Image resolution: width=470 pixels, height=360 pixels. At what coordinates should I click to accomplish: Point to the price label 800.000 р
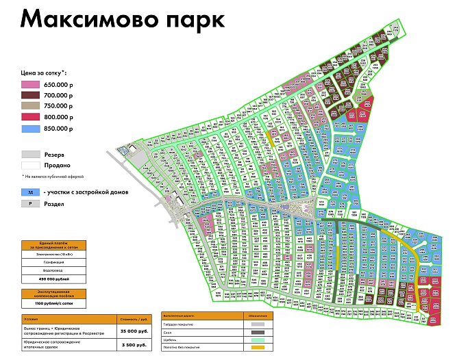tap(58, 117)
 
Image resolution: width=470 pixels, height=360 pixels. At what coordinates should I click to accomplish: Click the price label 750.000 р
tap(58, 106)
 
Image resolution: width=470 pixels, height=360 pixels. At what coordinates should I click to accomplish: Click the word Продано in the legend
tap(58, 165)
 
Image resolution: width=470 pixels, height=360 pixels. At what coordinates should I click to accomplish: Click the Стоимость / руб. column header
tap(132, 318)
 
